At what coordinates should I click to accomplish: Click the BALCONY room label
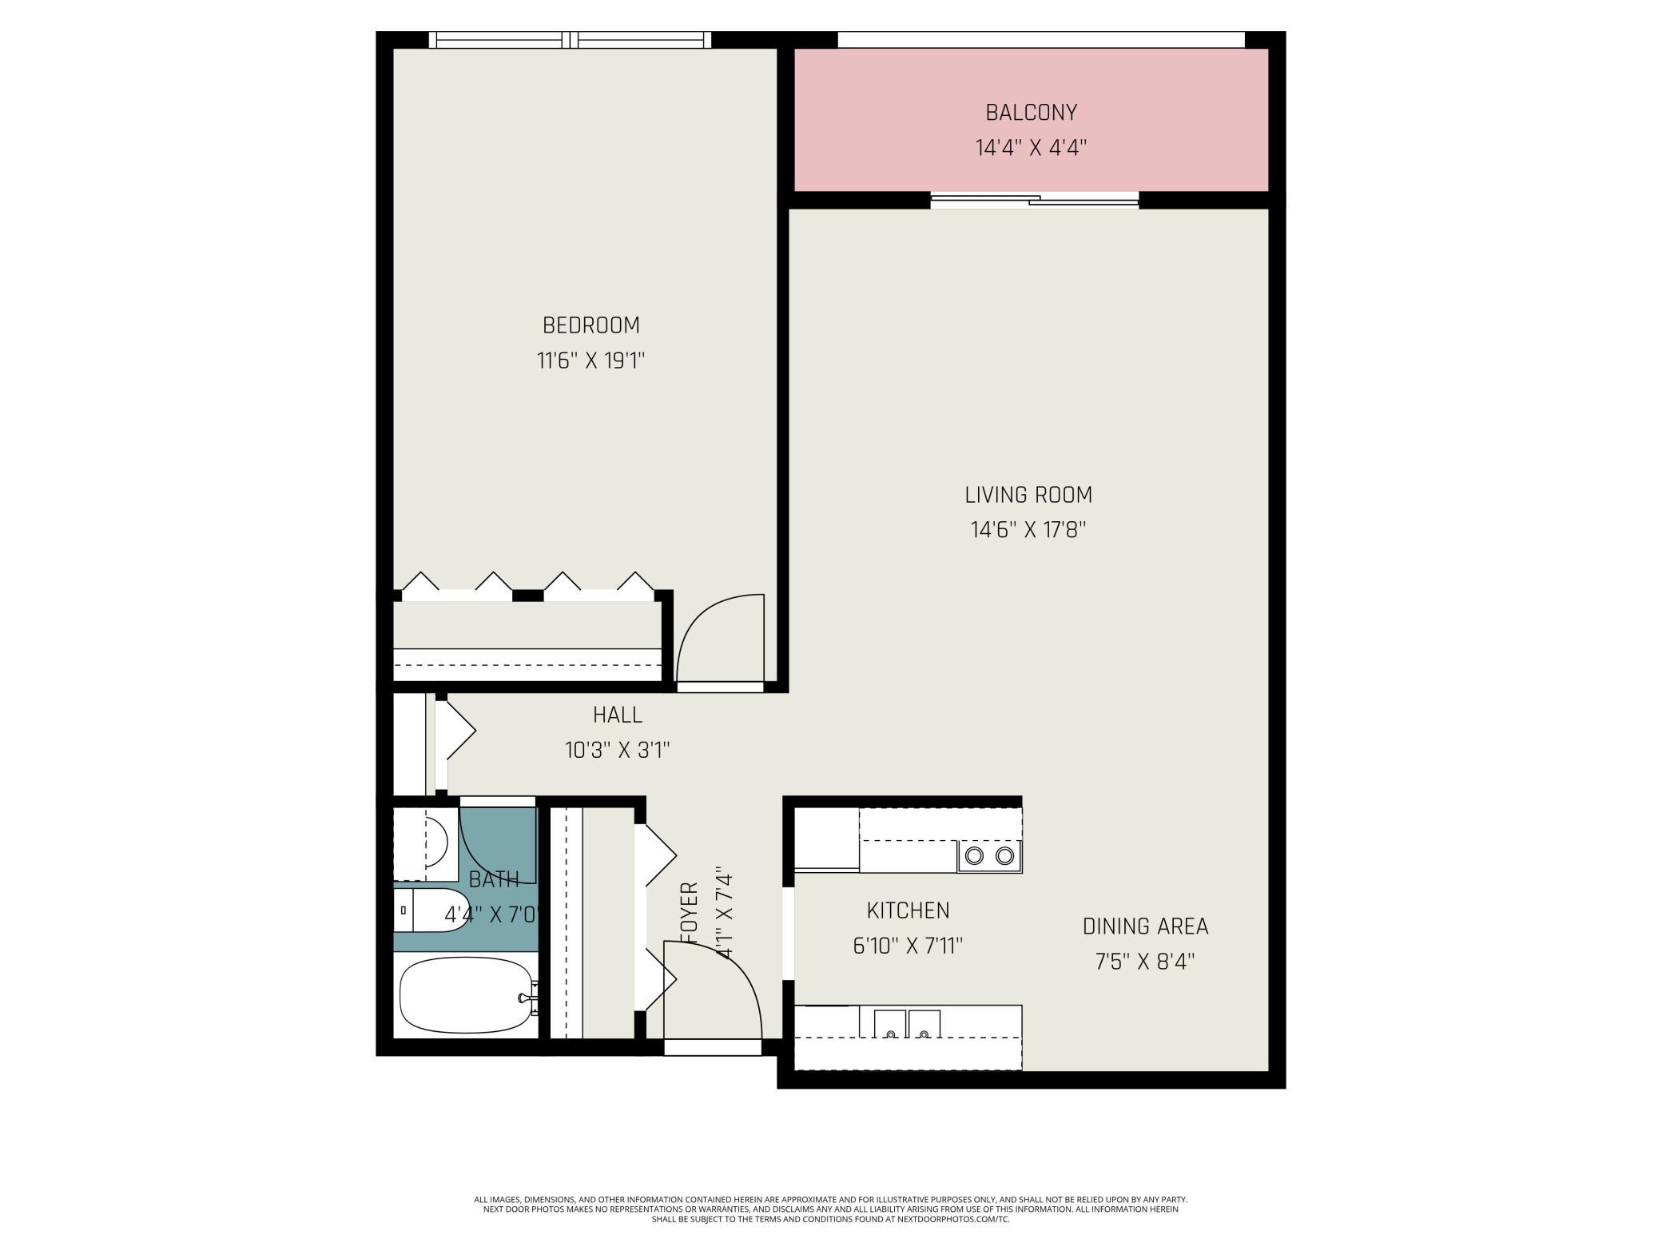[x=1031, y=113]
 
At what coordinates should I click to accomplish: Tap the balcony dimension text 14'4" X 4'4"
[x=1031, y=149]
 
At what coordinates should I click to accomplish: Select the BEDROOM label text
[x=590, y=325]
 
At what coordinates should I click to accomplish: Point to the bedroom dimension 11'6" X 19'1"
[x=590, y=361]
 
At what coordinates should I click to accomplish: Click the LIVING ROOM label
[x=1028, y=495]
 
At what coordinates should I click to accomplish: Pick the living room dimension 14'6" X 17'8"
[x=1028, y=531]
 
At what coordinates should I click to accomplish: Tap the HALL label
[x=617, y=715]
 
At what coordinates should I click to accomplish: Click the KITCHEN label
[x=908, y=910]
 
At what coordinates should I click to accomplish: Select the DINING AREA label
[x=1145, y=926]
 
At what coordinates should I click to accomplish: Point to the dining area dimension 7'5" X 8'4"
[x=1145, y=962]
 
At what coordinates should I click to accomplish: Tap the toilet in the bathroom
[x=431, y=910]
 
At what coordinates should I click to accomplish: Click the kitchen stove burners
[x=989, y=856]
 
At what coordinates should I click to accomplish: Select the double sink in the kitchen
[x=907, y=1024]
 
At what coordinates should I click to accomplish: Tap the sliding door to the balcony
[x=1035, y=201]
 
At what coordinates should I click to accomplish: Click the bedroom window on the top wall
[x=569, y=40]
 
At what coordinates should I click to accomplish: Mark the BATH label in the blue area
[x=494, y=880]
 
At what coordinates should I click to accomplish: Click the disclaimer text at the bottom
[x=831, y=1209]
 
